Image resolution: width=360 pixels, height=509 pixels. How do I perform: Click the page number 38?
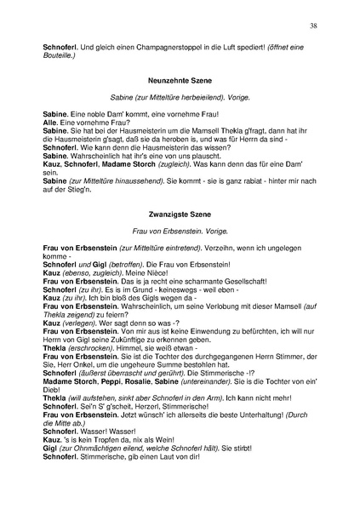pos(313,26)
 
